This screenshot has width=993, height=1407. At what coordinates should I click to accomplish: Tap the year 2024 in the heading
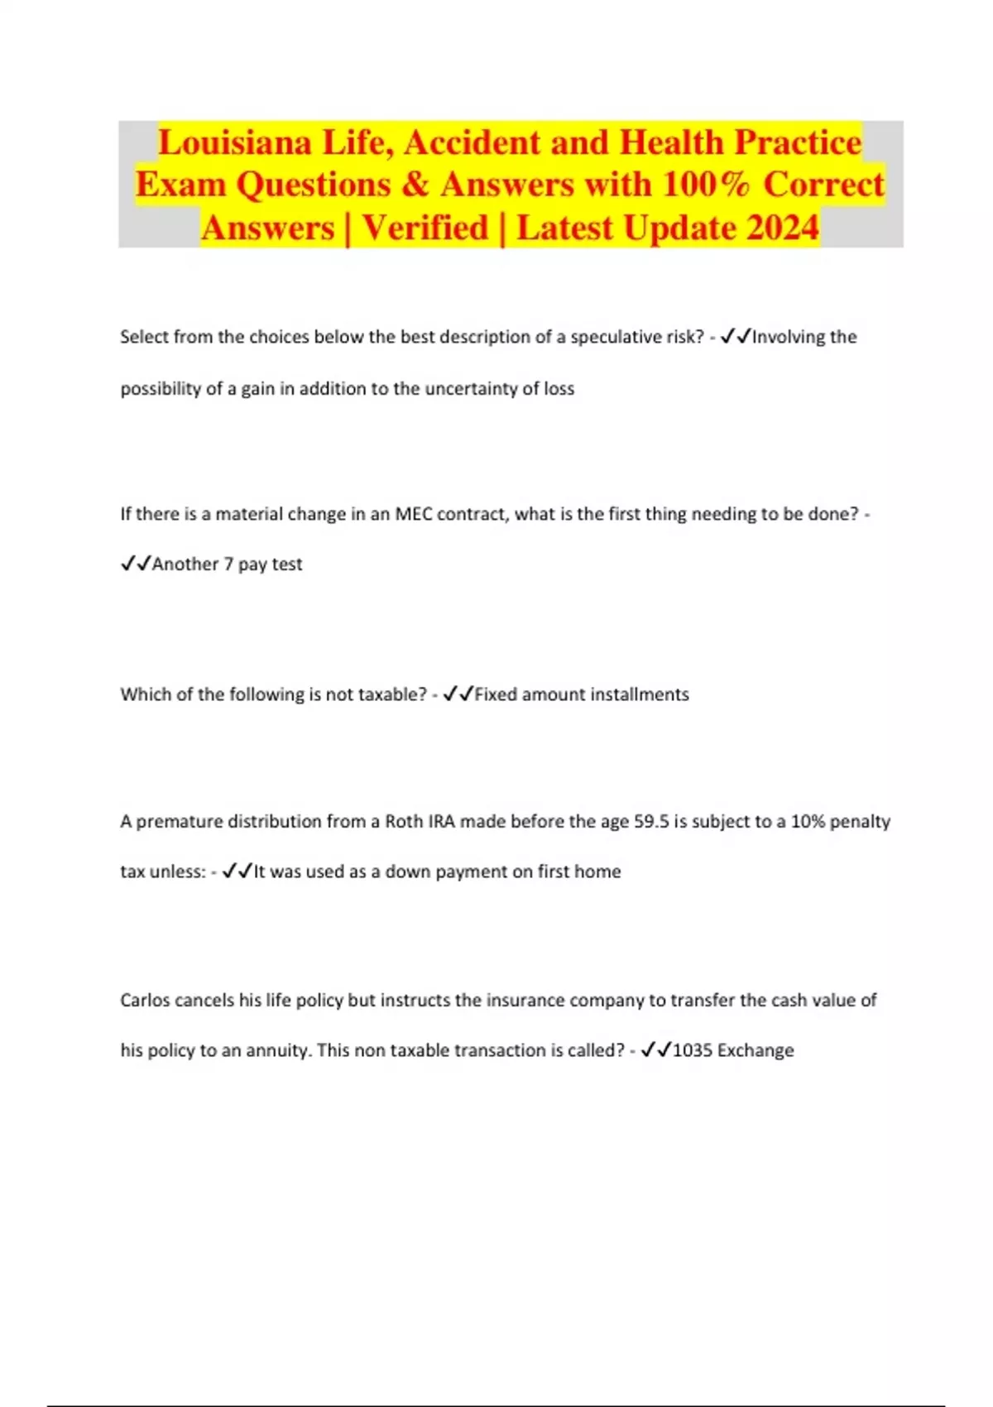782,228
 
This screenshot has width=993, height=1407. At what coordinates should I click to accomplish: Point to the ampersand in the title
415,185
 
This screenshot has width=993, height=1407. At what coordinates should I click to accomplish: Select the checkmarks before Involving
736,337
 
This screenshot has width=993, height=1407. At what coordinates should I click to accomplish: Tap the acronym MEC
414,514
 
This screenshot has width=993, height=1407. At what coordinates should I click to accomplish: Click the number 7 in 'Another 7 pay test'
228,564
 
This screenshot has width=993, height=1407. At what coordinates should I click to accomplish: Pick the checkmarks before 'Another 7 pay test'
136,564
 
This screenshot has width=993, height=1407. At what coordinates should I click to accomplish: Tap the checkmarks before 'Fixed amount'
458,694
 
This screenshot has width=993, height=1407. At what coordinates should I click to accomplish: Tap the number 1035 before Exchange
692,1050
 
